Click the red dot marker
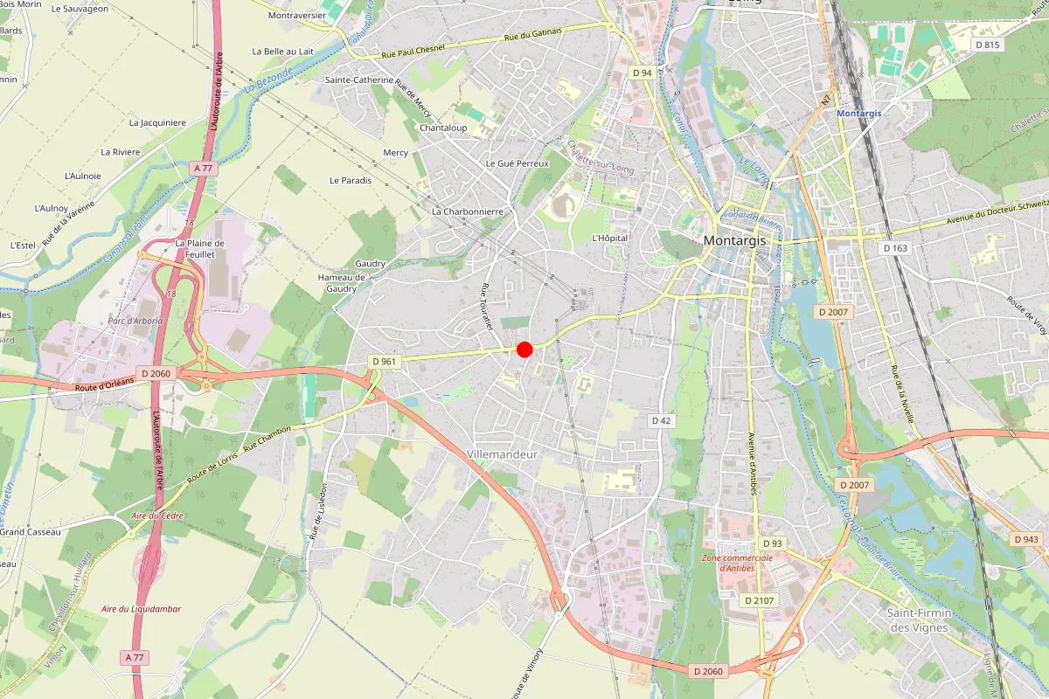pyautogui.click(x=524, y=349)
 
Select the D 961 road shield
pyautogui.click(x=385, y=361)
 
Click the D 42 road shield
pyautogui.click(x=662, y=421)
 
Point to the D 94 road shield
pyautogui.click(x=643, y=73)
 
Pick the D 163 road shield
pyautogui.click(x=895, y=248)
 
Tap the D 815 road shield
pyautogui.click(x=987, y=45)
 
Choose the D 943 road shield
pyautogui.click(x=1027, y=539)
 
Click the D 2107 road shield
pyautogui.click(x=758, y=600)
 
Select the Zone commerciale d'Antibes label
pyautogui.click(x=736, y=563)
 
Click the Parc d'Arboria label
pyautogui.click(x=135, y=321)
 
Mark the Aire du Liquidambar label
pyautogui.click(x=141, y=608)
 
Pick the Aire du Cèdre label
pyautogui.click(x=157, y=516)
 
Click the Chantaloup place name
pyautogui.click(x=443, y=128)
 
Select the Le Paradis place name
pyautogui.click(x=351, y=181)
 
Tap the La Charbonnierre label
pyautogui.click(x=468, y=211)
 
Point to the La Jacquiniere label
pyautogui.click(x=157, y=123)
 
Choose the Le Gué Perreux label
pyautogui.click(x=518, y=163)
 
